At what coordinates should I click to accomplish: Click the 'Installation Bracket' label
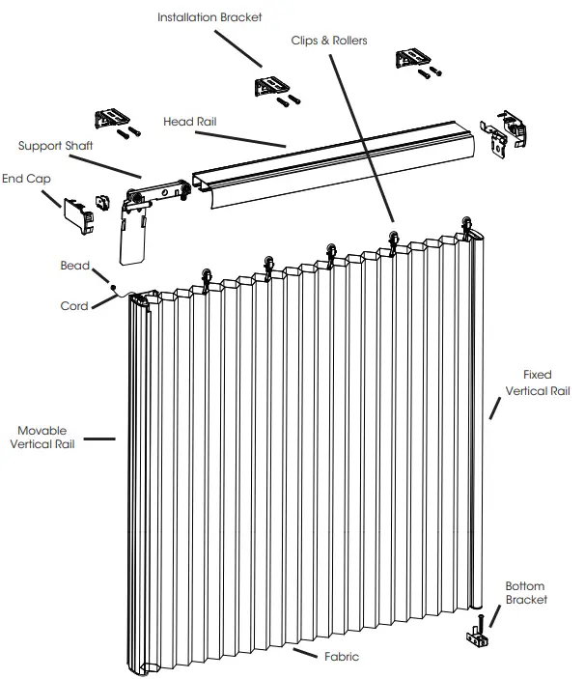click(209, 17)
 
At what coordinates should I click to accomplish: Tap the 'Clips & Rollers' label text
click(329, 41)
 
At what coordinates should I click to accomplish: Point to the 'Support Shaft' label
click(55, 146)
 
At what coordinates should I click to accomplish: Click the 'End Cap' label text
click(25, 179)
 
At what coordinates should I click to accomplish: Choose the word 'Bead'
click(75, 266)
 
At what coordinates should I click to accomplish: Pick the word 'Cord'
click(74, 306)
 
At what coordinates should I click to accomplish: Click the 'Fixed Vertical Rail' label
click(538, 383)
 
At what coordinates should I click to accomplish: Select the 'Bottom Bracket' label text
click(526, 593)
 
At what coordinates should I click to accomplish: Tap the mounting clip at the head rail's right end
click(510, 132)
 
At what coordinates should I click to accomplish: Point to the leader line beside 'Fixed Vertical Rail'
click(495, 407)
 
